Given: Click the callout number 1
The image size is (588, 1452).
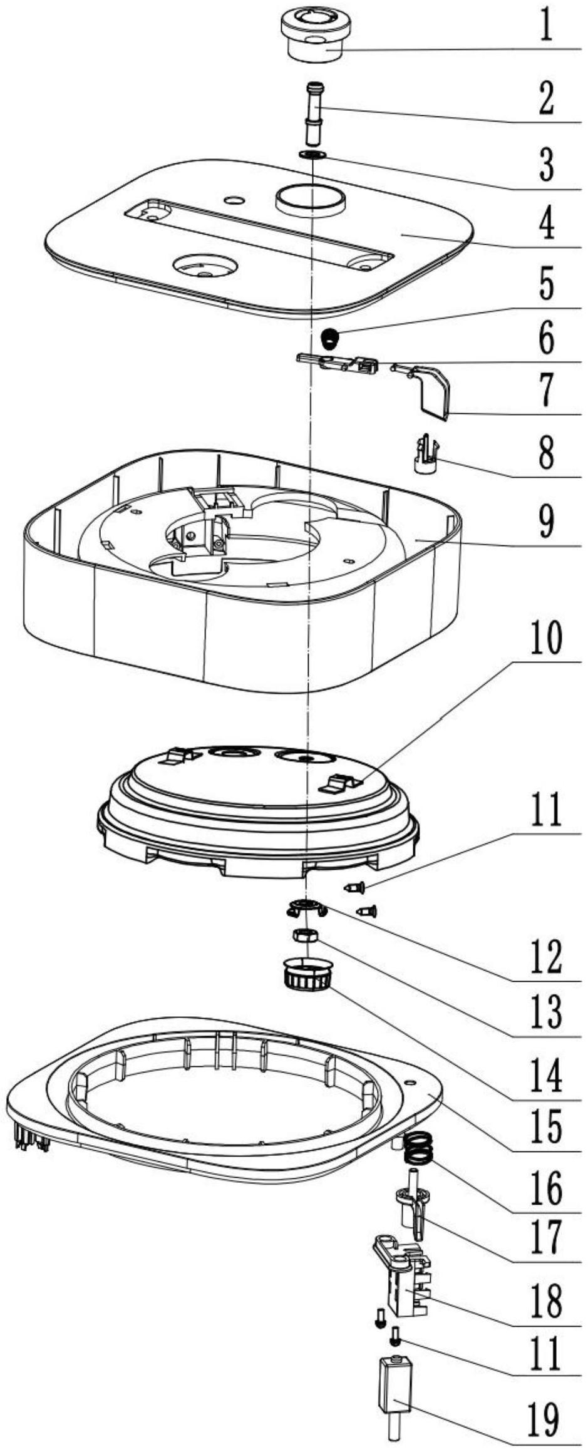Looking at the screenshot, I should (547, 27).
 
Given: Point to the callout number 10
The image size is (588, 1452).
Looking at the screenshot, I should (547, 638).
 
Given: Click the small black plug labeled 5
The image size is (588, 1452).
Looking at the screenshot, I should (330, 341).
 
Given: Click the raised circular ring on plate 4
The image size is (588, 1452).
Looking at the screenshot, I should (311, 198).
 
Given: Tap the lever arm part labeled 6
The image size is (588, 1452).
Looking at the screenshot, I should (338, 363).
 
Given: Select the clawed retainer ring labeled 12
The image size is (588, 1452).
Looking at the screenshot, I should (304, 907).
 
